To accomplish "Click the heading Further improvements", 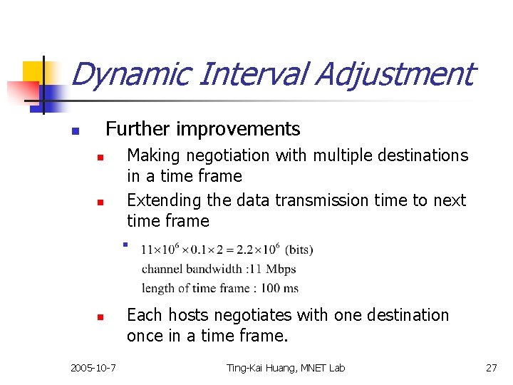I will (202, 129).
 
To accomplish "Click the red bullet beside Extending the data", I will (101, 202).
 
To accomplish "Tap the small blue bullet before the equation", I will (123, 245).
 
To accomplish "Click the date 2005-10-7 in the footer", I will (94, 368).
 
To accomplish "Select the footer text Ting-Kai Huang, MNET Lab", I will (285, 368).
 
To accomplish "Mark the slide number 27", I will (491, 368).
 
